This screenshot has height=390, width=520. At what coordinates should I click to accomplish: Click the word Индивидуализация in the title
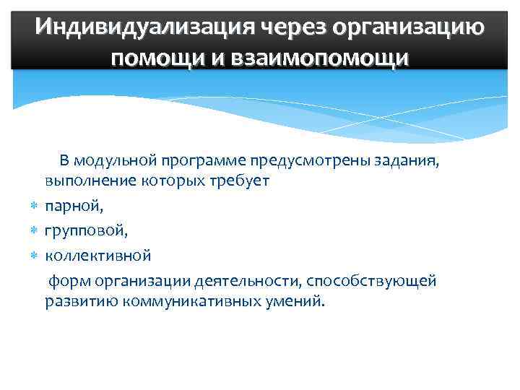(x=140, y=28)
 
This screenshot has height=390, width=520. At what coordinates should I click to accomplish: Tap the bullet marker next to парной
(x=34, y=207)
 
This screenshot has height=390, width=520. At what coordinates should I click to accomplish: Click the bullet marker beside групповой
(x=34, y=231)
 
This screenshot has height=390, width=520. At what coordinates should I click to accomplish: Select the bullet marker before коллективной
(x=34, y=256)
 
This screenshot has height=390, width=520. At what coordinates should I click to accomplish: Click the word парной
(x=74, y=207)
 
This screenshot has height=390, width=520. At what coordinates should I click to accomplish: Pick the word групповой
(x=86, y=231)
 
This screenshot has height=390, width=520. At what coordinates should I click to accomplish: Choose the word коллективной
(x=98, y=256)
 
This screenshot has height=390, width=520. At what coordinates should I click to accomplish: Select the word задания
(x=408, y=160)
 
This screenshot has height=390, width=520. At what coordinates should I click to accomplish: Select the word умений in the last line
(x=295, y=300)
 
